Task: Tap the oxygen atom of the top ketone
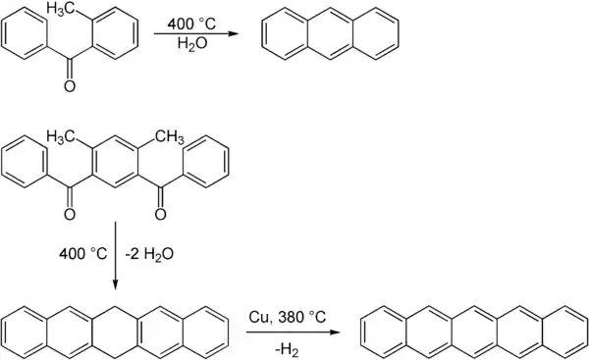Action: [x=70, y=87]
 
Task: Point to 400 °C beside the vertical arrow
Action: [x=83, y=252]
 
